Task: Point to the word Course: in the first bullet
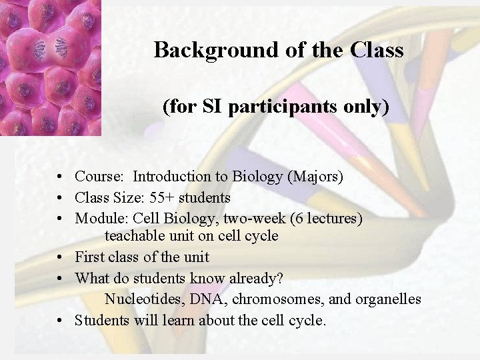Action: click(x=99, y=177)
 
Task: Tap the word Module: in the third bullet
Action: click(x=102, y=217)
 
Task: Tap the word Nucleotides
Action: click(x=142, y=299)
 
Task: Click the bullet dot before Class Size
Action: click(x=60, y=198)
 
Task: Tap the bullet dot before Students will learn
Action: click(x=60, y=321)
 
